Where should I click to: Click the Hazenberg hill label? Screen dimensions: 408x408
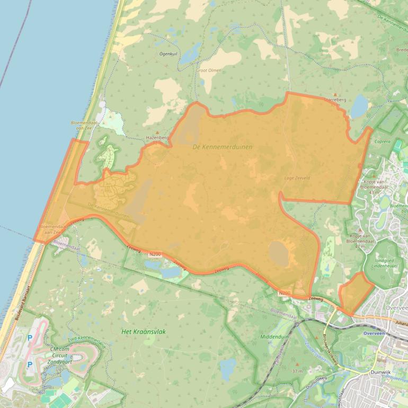(x=157, y=138)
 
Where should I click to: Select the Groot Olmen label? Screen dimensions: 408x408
(x=208, y=70)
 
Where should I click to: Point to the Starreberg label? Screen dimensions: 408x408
(x=335, y=99)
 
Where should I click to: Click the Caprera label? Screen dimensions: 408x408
(x=382, y=142)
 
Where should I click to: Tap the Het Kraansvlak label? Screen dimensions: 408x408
(x=144, y=331)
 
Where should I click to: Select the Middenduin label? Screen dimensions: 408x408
(x=273, y=336)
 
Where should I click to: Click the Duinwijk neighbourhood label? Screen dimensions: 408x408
(x=380, y=373)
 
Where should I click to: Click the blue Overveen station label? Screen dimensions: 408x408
(x=376, y=333)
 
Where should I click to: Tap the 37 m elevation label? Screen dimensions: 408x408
(x=297, y=371)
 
